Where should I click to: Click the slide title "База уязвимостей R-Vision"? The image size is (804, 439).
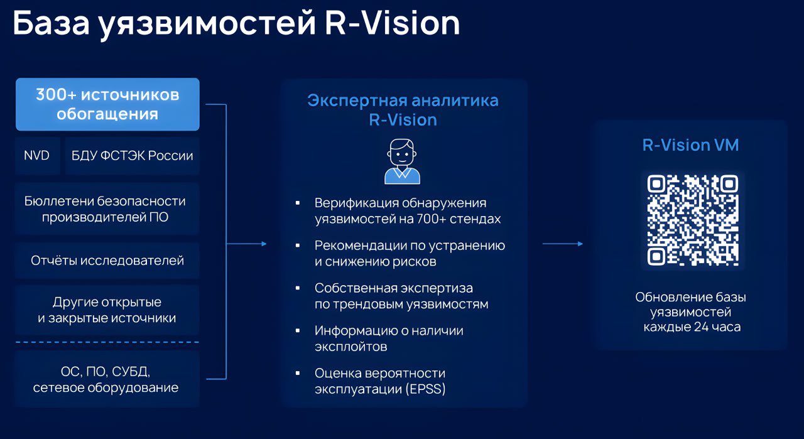coord(236,24)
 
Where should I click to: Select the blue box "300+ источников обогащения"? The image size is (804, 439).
coord(107,104)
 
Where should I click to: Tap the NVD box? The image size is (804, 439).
coord(37,156)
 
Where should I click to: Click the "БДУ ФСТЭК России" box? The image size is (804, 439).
coord(132,156)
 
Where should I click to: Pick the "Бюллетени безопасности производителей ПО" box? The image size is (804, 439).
coord(106,209)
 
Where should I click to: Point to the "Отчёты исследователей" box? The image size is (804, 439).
coord(107,260)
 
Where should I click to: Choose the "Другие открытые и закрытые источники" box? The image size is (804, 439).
coord(107,310)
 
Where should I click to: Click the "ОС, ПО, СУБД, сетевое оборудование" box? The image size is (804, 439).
coord(106,378)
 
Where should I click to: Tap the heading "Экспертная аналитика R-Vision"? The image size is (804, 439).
coord(403,109)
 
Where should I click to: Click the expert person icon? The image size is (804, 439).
coord(402,161)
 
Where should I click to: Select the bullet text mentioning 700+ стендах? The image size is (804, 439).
coord(408,211)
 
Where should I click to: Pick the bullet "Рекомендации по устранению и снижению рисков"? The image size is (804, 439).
coord(410,253)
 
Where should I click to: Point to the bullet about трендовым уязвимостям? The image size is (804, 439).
coord(401,296)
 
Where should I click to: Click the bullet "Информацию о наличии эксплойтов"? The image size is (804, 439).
coord(389,338)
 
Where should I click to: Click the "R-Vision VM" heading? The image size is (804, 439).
coord(690,145)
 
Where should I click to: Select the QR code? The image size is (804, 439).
coord(692,220)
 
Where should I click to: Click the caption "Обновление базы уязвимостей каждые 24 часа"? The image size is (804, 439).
coord(691,312)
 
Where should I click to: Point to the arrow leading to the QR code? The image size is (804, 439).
coord(562,244)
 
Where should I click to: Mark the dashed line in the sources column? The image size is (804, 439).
coord(107,342)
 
